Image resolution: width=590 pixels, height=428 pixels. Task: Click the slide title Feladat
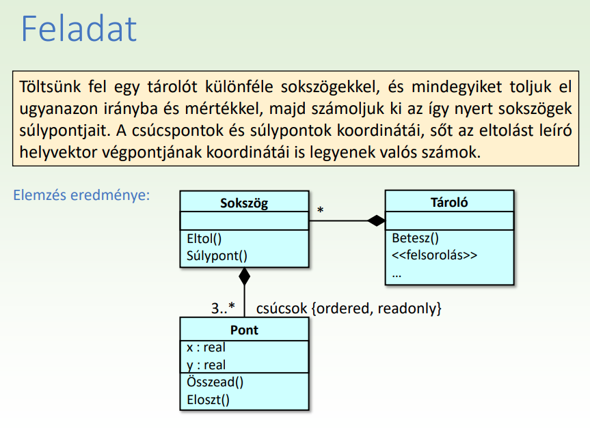click(x=79, y=29)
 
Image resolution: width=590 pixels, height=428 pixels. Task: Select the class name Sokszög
click(x=244, y=203)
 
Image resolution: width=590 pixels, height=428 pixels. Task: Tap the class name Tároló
click(x=449, y=203)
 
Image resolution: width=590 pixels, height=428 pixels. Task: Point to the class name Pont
click(x=244, y=330)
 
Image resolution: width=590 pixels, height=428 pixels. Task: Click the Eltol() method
click(x=204, y=239)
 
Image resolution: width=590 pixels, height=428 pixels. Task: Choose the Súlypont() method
click(x=217, y=256)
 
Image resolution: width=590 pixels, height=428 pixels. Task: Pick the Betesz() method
click(x=416, y=238)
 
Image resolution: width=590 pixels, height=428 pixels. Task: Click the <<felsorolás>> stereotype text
click(x=435, y=255)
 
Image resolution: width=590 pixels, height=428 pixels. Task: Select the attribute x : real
click(x=206, y=347)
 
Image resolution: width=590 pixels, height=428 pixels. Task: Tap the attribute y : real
click(x=206, y=365)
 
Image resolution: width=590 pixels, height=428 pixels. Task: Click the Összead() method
click(x=215, y=382)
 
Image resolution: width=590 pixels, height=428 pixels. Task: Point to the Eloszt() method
click(x=208, y=399)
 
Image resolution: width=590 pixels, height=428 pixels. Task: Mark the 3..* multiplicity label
click(x=223, y=308)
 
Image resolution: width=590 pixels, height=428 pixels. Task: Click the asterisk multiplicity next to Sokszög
click(x=320, y=210)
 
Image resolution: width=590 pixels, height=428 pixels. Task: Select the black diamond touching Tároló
click(x=376, y=220)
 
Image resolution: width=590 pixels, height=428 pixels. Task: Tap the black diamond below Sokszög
click(x=245, y=276)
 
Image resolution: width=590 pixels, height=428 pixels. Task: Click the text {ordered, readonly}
click(x=377, y=309)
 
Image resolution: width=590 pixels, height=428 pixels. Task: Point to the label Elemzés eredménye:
click(x=81, y=195)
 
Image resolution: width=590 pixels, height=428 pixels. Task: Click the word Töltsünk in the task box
click(x=50, y=87)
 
